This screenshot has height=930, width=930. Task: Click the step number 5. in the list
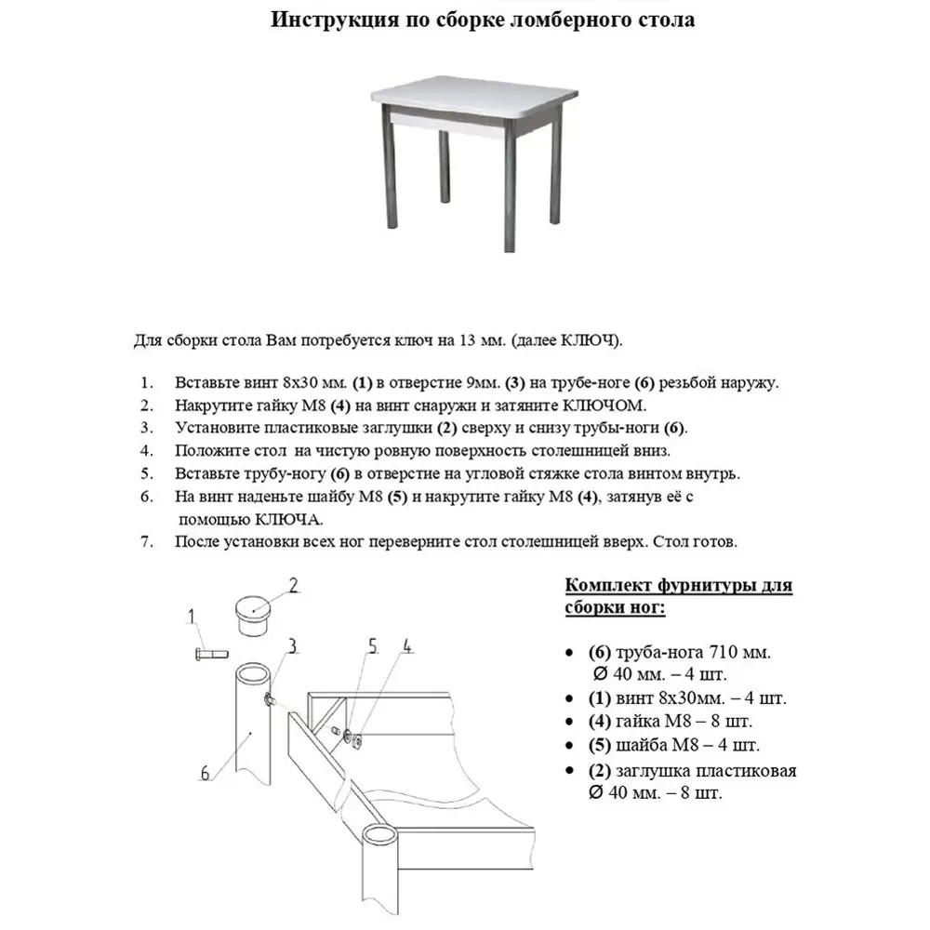click(146, 473)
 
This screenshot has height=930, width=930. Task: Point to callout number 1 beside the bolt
click(192, 616)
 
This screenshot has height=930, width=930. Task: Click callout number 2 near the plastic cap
click(292, 585)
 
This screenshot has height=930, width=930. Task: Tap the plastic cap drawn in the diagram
click(250, 615)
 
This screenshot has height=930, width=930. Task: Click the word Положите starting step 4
click(211, 451)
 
